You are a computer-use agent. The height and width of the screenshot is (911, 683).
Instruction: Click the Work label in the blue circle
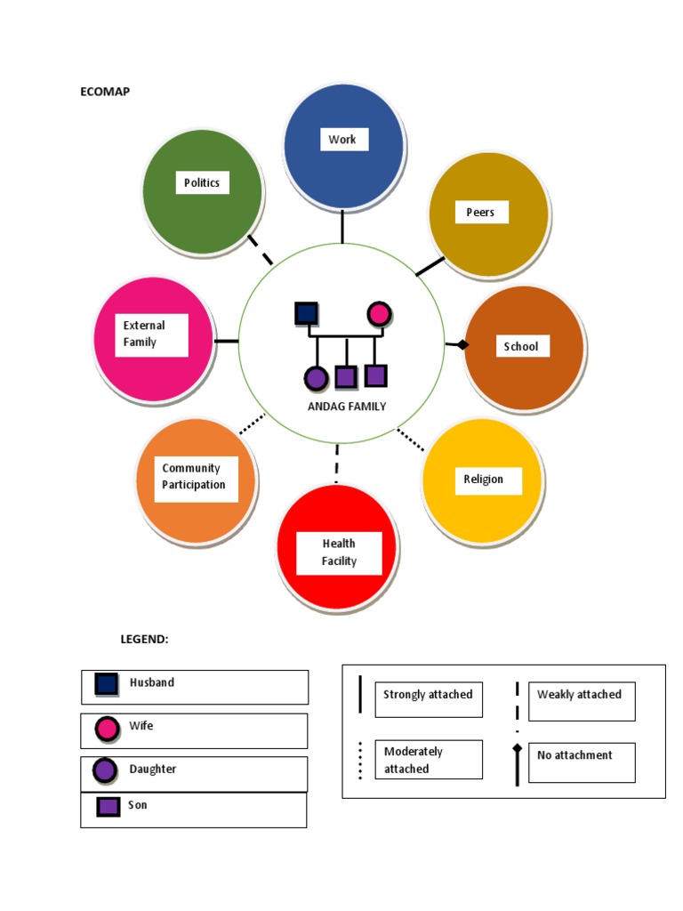click(342, 140)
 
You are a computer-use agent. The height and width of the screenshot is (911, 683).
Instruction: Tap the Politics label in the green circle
click(202, 182)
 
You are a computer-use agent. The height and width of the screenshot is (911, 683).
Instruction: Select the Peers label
click(480, 212)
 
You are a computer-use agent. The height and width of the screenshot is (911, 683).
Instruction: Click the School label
click(521, 346)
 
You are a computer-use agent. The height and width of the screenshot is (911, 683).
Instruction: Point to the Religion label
click(484, 480)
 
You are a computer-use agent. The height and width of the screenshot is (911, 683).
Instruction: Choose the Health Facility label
click(339, 552)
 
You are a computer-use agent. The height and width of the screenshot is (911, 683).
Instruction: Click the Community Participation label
click(194, 477)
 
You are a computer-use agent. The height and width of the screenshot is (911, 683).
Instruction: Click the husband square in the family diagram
click(306, 313)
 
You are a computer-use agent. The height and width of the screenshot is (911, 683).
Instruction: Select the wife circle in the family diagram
click(379, 313)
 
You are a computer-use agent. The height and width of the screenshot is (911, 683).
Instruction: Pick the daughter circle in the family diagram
click(316, 378)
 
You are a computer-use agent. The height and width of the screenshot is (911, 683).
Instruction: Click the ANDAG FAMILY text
click(346, 407)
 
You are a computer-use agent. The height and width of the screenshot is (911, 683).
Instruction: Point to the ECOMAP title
click(105, 92)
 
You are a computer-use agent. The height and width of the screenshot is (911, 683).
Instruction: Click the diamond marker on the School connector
click(462, 344)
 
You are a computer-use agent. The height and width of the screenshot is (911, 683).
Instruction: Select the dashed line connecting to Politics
click(261, 250)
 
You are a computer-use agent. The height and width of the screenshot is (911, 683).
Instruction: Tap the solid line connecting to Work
click(341, 228)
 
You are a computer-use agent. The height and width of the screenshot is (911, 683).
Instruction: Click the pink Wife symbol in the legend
click(108, 729)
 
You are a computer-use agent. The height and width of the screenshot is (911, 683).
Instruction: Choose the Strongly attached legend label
click(428, 695)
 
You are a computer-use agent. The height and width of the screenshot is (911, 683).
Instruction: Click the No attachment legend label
click(575, 755)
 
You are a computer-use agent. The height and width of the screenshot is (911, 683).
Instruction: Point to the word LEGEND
click(144, 639)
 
